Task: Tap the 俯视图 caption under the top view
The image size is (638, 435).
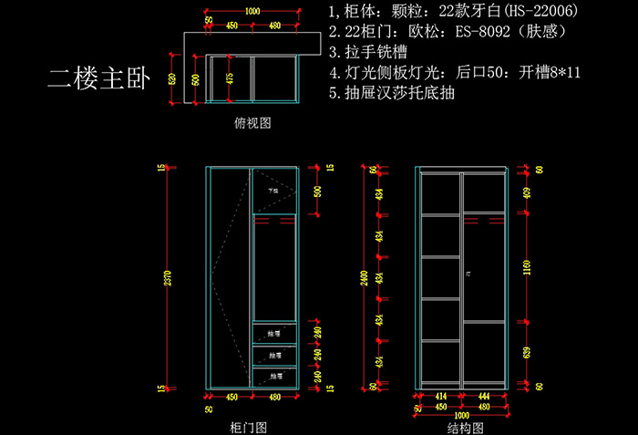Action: [x=252, y=121]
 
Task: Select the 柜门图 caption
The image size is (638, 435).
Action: [x=248, y=426]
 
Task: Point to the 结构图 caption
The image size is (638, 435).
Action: [x=465, y=426]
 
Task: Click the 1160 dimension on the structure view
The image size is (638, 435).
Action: [x=528, y=266]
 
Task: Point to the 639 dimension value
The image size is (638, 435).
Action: [x=528, y=351]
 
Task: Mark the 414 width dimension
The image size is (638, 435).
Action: [x=439, y=396]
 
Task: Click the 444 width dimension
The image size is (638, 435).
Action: [x=484, y=396]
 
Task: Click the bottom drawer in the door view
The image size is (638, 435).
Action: [x=273, y=376]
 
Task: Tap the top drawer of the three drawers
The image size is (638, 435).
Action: [x=273, y=334]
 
